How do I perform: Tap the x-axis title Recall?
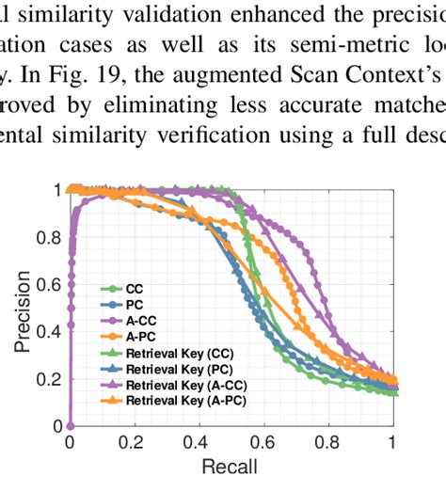pos(231,468)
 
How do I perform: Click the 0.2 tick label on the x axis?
pos(135,441)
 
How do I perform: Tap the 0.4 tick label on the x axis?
pos(199,441)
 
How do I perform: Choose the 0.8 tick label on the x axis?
pos(327,441)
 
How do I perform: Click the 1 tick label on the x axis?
pos(392,441)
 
